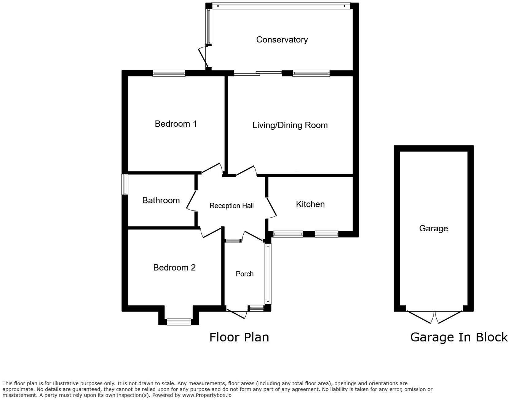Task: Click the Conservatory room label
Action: pos(282,40)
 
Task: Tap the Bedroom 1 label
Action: pos(176,124)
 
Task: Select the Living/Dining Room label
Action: pos(290,125)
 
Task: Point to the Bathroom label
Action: pos(161,201)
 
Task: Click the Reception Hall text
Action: pos(231,206)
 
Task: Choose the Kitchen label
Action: pos(310,204)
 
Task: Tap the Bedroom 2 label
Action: pos(174,267)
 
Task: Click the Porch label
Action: pos(245,274)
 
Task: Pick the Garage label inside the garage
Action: pos(433,229)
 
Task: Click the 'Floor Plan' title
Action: pos(239,337)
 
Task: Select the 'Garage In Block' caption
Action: pos(459,337)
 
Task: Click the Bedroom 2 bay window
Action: pos(179,322)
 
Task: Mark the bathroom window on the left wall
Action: pos(125,184)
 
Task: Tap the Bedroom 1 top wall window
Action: pos(169,73)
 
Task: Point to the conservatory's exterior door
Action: pos(203,57)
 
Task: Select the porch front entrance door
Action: pos(237,313)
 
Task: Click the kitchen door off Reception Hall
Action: pos(271,208)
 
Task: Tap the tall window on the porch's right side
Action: pos(268,274)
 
